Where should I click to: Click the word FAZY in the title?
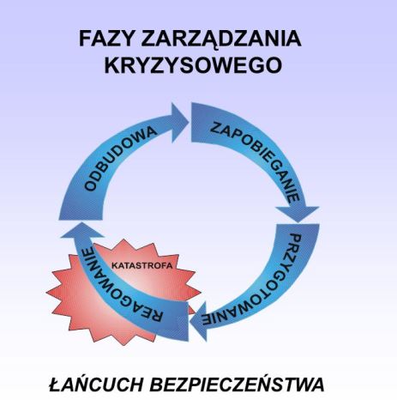pyautogui.click(x=105, y=39)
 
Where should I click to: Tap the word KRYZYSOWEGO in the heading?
pyautogui.click(x=193, y=65)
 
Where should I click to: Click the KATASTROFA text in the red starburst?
pyautogui.click(x=142, y=265)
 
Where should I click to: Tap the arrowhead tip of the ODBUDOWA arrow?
pyautogui.click(x=189, y=122)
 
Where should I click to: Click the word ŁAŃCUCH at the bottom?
pyautogui.click(x=97, y=384)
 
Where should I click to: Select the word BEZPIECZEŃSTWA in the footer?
pyautogui.click(x=238, y=384)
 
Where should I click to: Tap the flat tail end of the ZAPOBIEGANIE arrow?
pyautogui.click(x=192, y=123)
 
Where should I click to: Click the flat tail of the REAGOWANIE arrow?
pyautogui.click(x=187, y=321)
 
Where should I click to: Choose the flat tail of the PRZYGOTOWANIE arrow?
pyautogui.click(x=298, y=225)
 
